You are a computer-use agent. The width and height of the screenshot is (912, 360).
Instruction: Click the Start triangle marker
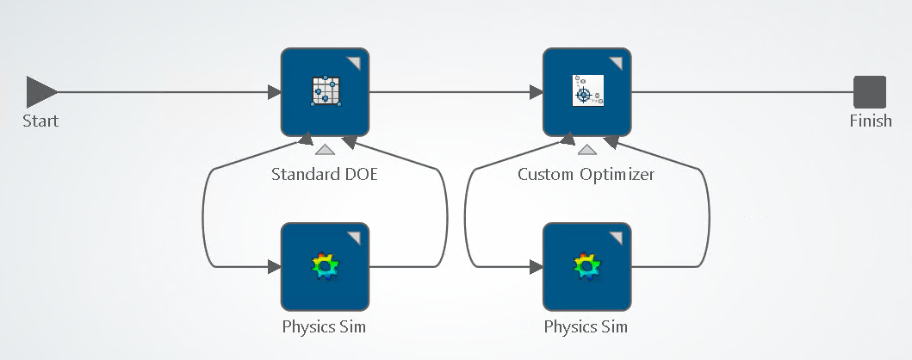pos(40,91)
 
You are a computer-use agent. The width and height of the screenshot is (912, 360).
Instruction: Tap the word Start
pos(40,121)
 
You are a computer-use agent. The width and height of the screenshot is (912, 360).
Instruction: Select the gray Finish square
pos(870,92)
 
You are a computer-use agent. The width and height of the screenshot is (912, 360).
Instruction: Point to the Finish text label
pos(871,121)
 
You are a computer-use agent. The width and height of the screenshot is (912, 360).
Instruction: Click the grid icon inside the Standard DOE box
pos(325,91)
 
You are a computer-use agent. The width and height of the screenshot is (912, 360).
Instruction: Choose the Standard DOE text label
pos(325,174)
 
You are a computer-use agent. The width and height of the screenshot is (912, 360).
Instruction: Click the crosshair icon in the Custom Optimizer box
pos(586,91)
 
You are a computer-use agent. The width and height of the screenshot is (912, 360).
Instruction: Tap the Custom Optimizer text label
pos(586,174)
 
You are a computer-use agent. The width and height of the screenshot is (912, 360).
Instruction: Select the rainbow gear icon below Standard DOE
pos(325,266)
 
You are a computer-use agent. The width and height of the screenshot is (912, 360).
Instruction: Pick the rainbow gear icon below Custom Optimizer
pos(586,266)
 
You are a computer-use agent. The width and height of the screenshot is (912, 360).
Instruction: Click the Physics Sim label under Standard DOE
pos(325,327)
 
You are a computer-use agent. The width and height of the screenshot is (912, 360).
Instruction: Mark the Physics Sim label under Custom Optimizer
pos(586,327)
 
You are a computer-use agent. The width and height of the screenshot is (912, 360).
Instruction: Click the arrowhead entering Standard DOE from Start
pos(275,92)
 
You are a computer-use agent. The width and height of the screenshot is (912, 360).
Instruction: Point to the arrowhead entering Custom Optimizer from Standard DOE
pos(537,92)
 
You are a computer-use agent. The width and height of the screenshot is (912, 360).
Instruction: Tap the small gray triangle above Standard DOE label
pos(325,149)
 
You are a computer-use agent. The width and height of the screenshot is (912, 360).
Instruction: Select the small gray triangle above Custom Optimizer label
pos(586,149)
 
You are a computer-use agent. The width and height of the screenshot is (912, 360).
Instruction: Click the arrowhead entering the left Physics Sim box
pos(275,267)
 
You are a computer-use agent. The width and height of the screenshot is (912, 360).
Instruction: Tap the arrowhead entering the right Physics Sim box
pos(537,267)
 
